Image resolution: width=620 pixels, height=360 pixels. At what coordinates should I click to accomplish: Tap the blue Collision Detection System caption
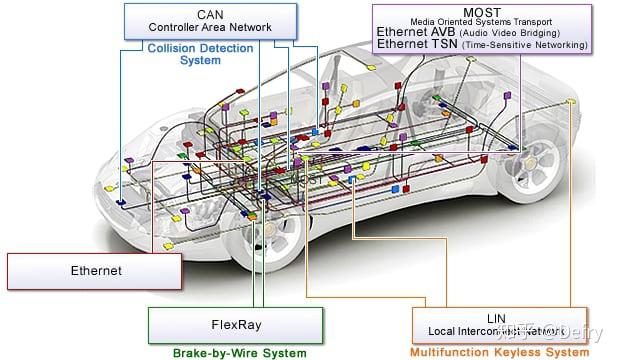[x=200, y=53]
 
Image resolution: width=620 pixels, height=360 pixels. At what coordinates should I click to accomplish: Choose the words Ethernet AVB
[x=413, y=32]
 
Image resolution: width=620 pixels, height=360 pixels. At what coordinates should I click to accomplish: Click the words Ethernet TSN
[x=412, y=44]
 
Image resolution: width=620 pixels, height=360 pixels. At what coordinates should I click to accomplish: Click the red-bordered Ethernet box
[x=95, y=271]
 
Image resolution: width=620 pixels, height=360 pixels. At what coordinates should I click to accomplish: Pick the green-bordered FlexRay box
[x=237, y=324]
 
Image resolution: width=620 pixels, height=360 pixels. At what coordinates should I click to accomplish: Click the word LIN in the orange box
[x=497, y=317]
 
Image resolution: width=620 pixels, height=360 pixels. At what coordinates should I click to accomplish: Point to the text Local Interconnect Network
[x=497, y=330]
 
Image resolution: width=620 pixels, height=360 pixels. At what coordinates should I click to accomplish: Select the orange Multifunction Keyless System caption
[x=497, y=352]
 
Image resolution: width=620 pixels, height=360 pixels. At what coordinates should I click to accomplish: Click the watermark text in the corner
[x=555, y=325]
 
